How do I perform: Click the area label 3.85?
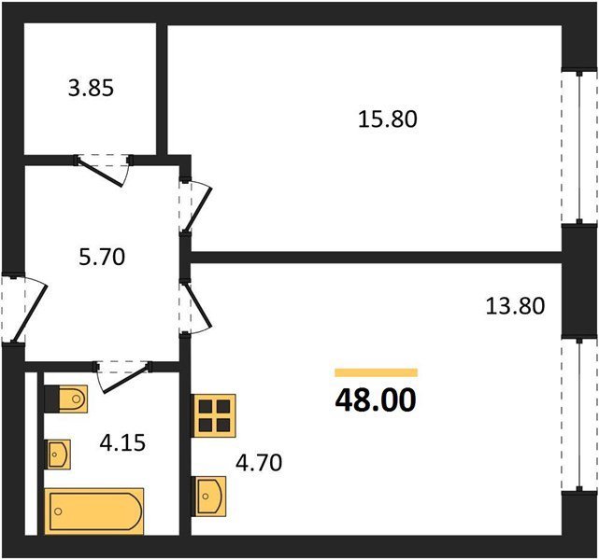tap(91, 89)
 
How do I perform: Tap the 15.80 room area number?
tap(388, 119)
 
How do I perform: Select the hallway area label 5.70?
tap(102, 257)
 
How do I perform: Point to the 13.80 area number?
tap(515, 306)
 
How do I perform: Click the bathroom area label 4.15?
tap(122, 443)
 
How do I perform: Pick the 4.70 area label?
tap(259, 462)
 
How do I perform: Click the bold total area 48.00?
tap(376, 400)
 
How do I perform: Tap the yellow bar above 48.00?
tap(377, 372)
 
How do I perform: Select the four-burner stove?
tap(214, 416)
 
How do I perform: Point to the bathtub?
tap(94, 511)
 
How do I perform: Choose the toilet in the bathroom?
tap(66, 399)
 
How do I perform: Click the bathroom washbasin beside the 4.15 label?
tap(58, 455)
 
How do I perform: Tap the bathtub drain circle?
tap(59, 511)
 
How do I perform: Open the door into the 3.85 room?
tap(104, 169)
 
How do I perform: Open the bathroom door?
tap(123, 376)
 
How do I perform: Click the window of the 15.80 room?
tap(579, 147)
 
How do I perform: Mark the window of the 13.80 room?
tap(579, 414)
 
